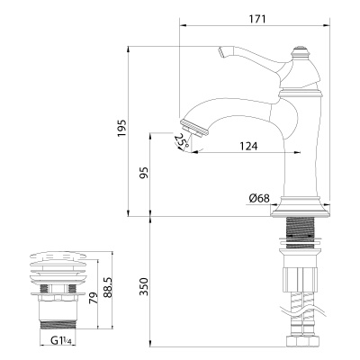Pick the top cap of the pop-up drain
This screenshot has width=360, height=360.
(58, 259)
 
